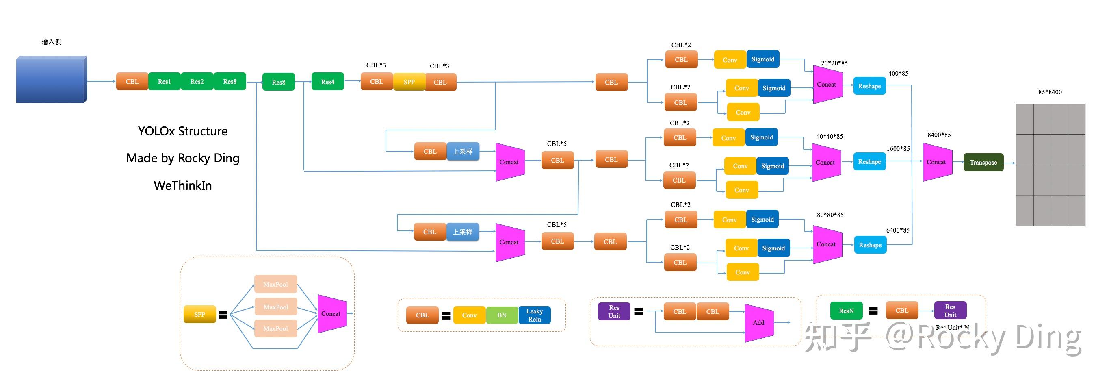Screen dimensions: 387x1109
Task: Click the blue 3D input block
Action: coord(51,80)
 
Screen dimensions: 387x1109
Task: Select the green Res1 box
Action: coord(164,81)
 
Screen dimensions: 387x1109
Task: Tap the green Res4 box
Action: coord(327,82)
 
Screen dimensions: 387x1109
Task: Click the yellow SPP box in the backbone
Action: coord(409,82)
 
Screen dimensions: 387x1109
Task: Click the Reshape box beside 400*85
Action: coord(869,86)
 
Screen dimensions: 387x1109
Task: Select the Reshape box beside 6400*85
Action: coord(870,245)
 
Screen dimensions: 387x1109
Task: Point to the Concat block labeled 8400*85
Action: coord(937,162)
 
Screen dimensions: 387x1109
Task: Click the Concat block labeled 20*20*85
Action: coord(827,85)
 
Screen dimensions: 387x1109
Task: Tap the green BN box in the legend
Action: coord(502,315)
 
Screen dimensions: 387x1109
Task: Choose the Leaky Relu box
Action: coord(534,315)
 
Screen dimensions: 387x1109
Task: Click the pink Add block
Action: coord(759,322)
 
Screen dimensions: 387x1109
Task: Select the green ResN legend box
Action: coord(846,311)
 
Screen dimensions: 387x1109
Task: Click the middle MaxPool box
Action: coord(275,307)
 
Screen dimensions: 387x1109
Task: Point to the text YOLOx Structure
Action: coord(182,131)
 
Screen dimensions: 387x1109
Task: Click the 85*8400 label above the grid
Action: coord(1050,92)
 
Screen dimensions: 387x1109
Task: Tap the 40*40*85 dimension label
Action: coord(829,137)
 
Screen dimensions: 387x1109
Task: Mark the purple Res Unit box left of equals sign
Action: coord(614,311)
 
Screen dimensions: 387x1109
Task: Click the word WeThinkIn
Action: coord(182,186)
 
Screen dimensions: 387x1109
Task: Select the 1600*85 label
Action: coord(898,149)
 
